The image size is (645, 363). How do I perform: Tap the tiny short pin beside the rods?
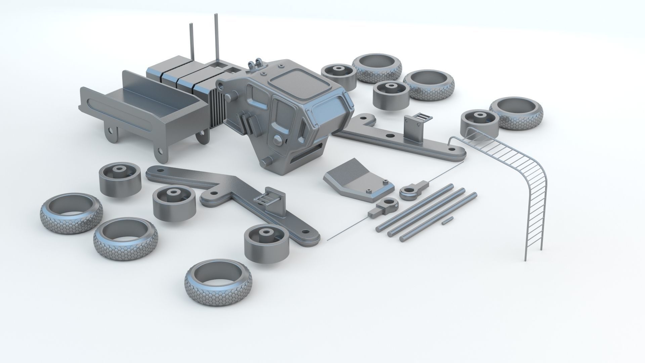pyautogui.click(x=446, y=220)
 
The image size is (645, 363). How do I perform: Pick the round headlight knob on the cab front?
pyautogui.click(x=278, y=140)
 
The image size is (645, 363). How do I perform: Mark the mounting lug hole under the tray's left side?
pyautogui.click(x=110, y=130)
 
